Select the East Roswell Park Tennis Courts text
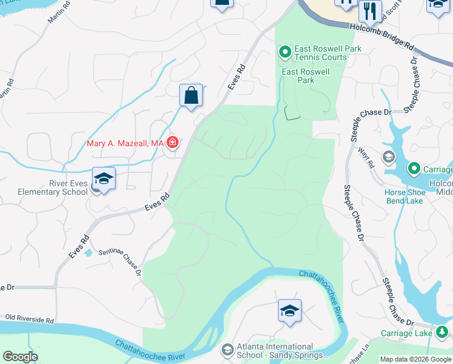point(320,53)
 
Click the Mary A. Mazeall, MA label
point(125,143)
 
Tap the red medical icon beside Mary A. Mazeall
point(173,143)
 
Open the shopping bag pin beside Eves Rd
point(191,96)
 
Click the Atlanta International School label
point(276,351)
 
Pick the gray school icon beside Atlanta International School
point(227,350)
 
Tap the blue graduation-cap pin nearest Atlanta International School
point(289,311)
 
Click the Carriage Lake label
point(406,333)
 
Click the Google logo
point(20,357)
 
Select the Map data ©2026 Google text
point(415,359)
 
